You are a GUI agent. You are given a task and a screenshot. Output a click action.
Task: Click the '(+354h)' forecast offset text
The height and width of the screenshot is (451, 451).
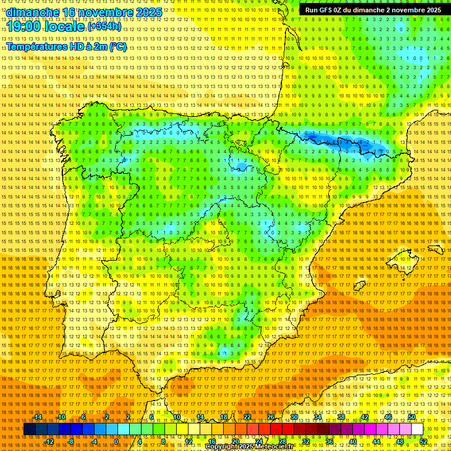coord(105,26)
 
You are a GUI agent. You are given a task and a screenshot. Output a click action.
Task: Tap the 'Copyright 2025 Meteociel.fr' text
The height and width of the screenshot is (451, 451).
coord(249,447)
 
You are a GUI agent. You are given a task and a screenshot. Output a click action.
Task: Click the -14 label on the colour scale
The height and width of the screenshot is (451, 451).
coord(38,417)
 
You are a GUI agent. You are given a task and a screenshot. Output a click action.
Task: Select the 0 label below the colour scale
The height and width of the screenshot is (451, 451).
coord(116,442)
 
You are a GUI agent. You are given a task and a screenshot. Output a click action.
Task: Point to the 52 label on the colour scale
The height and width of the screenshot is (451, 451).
coord(423,442)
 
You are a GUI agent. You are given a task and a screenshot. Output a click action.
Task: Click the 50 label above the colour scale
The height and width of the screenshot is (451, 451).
coord(412,417)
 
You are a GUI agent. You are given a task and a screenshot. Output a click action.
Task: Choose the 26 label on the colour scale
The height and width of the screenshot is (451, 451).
coord(271,417)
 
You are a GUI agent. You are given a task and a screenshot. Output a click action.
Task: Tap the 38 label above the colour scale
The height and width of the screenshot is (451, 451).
coord(341,417)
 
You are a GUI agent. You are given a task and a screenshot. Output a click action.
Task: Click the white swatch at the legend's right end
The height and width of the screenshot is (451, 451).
coord(417,429)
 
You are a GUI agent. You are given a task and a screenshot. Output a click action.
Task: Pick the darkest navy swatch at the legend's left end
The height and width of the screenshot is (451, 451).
coord(29,429)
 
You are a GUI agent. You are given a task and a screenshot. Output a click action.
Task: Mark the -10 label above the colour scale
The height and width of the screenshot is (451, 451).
coord(61,417)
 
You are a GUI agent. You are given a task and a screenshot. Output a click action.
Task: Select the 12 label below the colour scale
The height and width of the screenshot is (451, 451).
coord(189,442)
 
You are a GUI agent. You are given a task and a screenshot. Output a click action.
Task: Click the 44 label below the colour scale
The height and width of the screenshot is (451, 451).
coord(376,442)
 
